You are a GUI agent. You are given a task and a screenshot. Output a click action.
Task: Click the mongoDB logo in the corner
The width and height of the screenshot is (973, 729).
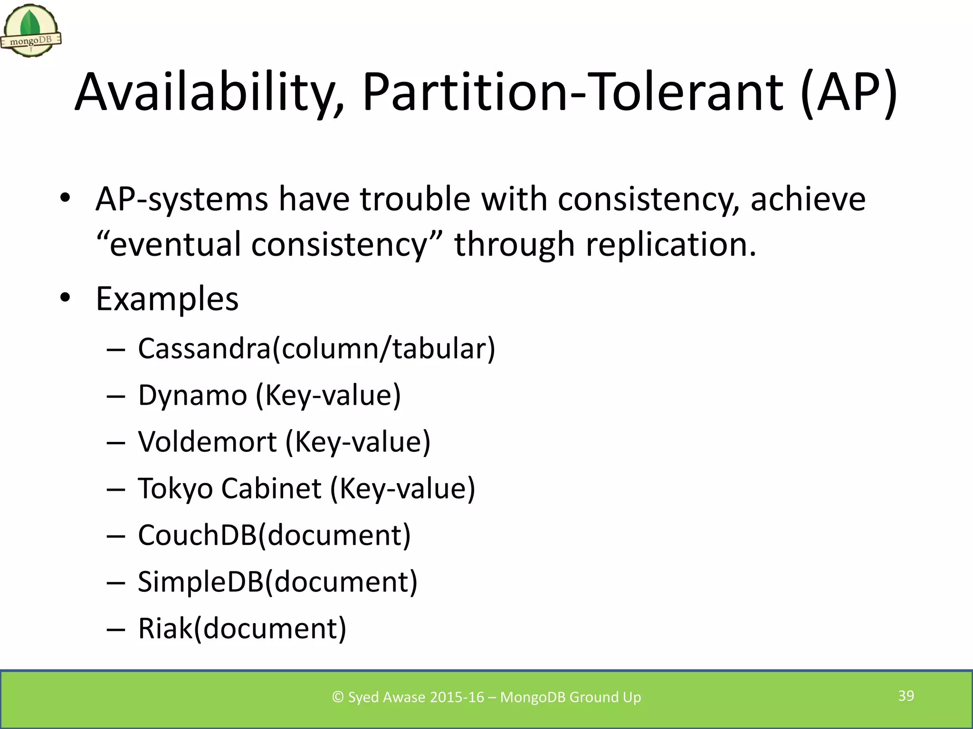31,31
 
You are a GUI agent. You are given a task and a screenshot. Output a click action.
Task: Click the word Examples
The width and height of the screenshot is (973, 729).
167,299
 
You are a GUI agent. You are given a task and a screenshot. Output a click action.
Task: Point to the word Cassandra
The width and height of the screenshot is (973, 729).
204,349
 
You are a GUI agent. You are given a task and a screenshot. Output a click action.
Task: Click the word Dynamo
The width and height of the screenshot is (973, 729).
192,395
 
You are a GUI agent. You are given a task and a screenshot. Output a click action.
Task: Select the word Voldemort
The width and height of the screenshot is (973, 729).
207,442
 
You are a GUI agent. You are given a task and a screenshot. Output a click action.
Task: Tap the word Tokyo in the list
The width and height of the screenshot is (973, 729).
175,489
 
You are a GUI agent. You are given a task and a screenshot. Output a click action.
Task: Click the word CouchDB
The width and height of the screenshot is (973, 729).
197,535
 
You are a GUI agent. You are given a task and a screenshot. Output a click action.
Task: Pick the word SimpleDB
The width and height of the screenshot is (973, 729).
200,582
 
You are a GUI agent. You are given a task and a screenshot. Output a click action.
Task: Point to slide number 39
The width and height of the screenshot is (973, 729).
906,696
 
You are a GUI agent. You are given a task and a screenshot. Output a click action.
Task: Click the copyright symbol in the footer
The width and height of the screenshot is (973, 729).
338,697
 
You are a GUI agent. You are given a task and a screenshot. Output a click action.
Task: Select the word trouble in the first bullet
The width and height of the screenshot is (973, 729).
415,199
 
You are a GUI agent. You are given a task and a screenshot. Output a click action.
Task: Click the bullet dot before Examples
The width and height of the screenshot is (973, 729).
65,298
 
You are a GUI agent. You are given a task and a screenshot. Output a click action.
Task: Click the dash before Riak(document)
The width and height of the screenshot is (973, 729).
116,629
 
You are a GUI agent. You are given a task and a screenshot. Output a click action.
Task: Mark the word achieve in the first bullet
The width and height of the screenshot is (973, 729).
808,199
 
